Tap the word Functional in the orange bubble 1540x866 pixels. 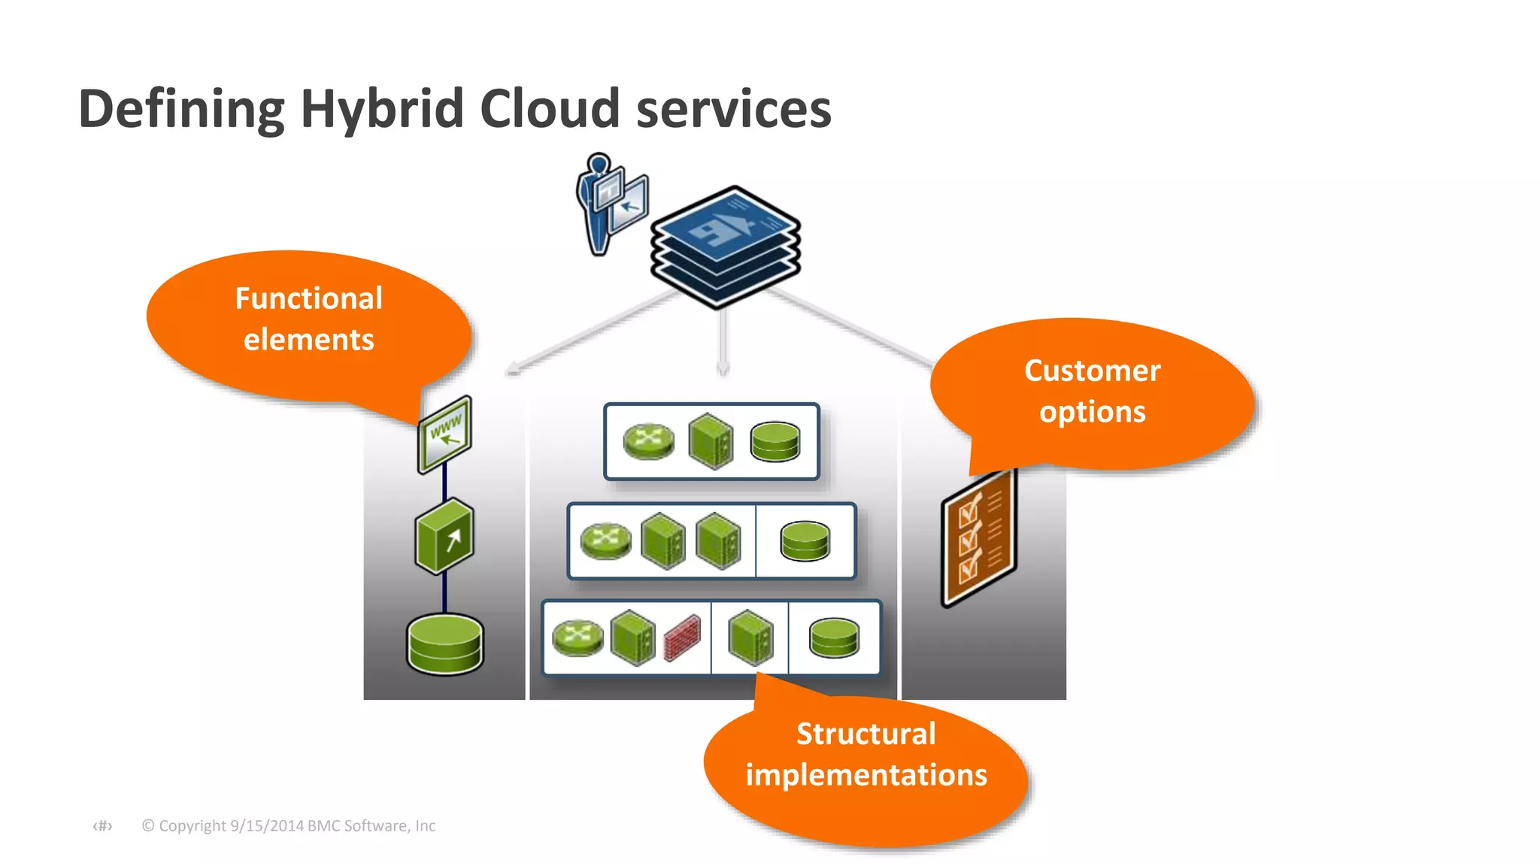coord(308,298)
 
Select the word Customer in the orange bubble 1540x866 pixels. coord(1092,371)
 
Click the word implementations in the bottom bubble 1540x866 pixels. coord(865,775)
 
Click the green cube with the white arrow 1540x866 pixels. coord(444,537)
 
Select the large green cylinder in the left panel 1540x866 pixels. coord(444,643)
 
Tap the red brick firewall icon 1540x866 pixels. coord(682,638)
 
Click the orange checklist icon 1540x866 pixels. coord(978,537)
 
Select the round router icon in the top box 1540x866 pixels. coord(648,441)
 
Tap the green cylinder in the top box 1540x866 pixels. coord(775,441)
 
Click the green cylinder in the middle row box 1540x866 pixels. coord(805,541)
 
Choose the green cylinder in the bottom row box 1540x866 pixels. coord(833,638)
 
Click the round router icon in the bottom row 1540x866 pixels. coord(577,637)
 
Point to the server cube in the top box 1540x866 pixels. coord(711,441)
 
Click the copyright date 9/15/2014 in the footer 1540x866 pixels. coord(267,825)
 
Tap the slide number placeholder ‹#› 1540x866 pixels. coord(102,825)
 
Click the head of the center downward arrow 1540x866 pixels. coord(722,368)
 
